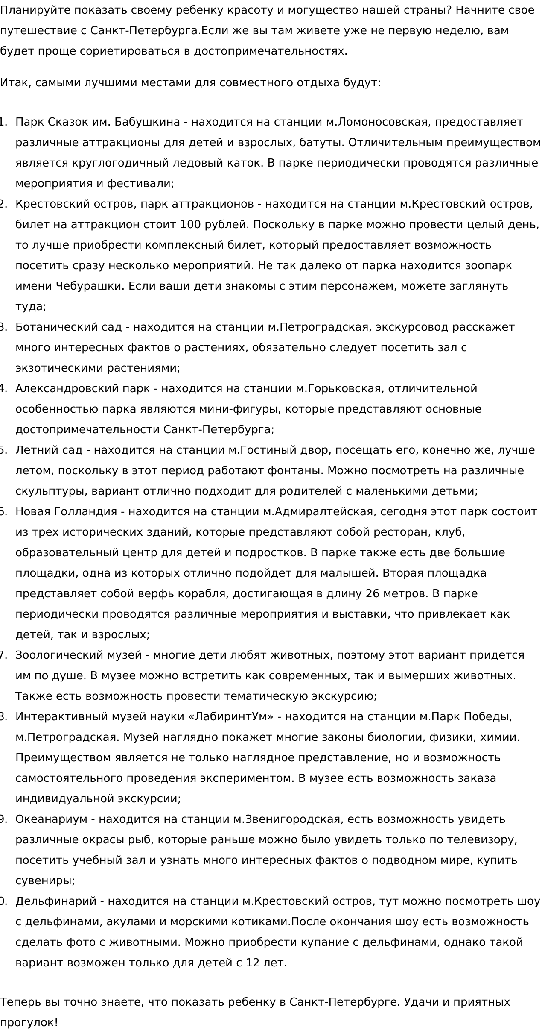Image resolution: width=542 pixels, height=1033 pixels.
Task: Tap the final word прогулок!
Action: pyautogui.click(x=29, y=1023)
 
